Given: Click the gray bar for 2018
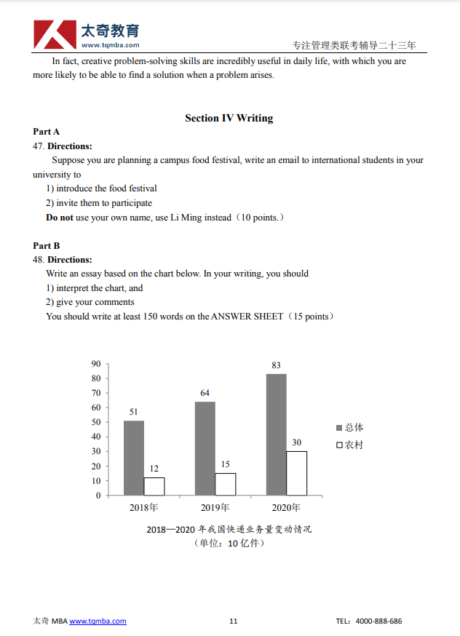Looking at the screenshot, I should [x=134, y=458].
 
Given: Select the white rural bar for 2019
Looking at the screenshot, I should [x=225, y=484].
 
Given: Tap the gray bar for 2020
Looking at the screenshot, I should [x=276, y=434].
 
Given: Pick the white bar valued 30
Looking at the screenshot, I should [x=296, y=473].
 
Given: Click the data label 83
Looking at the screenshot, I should [x=276, y=365].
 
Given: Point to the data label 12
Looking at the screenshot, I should [x=154, y=469].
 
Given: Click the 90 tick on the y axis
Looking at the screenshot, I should [x=96, y=364].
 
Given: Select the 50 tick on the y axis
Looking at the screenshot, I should [x=96, y=422].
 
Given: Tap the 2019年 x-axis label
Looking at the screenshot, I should [x=215, y=508].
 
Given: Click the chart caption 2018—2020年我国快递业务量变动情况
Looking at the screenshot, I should [x=229, y=529].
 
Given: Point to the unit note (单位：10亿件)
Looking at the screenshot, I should [x=229, y=544].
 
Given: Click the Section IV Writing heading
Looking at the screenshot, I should [x=229, y=118].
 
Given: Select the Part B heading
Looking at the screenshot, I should [x=47, y=246].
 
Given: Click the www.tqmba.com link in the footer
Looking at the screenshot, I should [x=98, y=621].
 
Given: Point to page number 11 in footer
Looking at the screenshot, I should [x=233, y=621].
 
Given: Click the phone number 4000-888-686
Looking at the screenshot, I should [x=378, y=621].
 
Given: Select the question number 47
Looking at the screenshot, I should [x=39, y=146].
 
